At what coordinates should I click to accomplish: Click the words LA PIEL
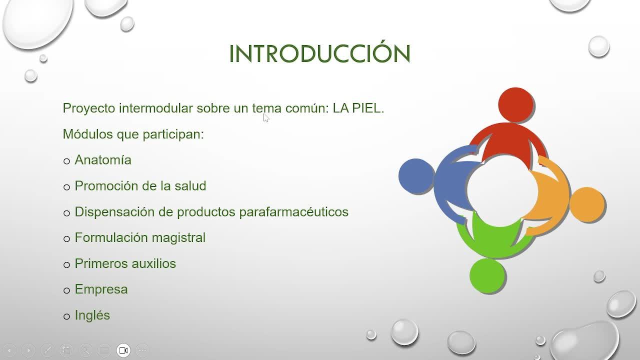[358, 108]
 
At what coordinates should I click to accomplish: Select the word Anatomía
[103, 159]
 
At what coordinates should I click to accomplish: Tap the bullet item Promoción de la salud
[140, 185]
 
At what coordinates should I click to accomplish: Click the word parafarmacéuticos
[293, 212]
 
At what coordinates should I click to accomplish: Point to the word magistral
[178, 237]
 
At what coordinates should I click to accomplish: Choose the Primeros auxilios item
[125, 263]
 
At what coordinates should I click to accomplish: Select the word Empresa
[101, 289]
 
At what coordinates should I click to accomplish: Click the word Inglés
[92, 315]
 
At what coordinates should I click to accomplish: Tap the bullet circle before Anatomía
[67, 161]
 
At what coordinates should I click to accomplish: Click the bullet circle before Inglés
[67, 316]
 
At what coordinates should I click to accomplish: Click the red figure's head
[515, 105]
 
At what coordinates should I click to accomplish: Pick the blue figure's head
[416, 175]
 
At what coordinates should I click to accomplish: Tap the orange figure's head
[587, 204]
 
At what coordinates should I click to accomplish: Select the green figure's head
[487, 275]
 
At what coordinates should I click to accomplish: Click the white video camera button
[123, 350]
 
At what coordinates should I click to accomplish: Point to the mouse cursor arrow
[266, 118]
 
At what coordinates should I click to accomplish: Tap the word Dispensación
[115, 212]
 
